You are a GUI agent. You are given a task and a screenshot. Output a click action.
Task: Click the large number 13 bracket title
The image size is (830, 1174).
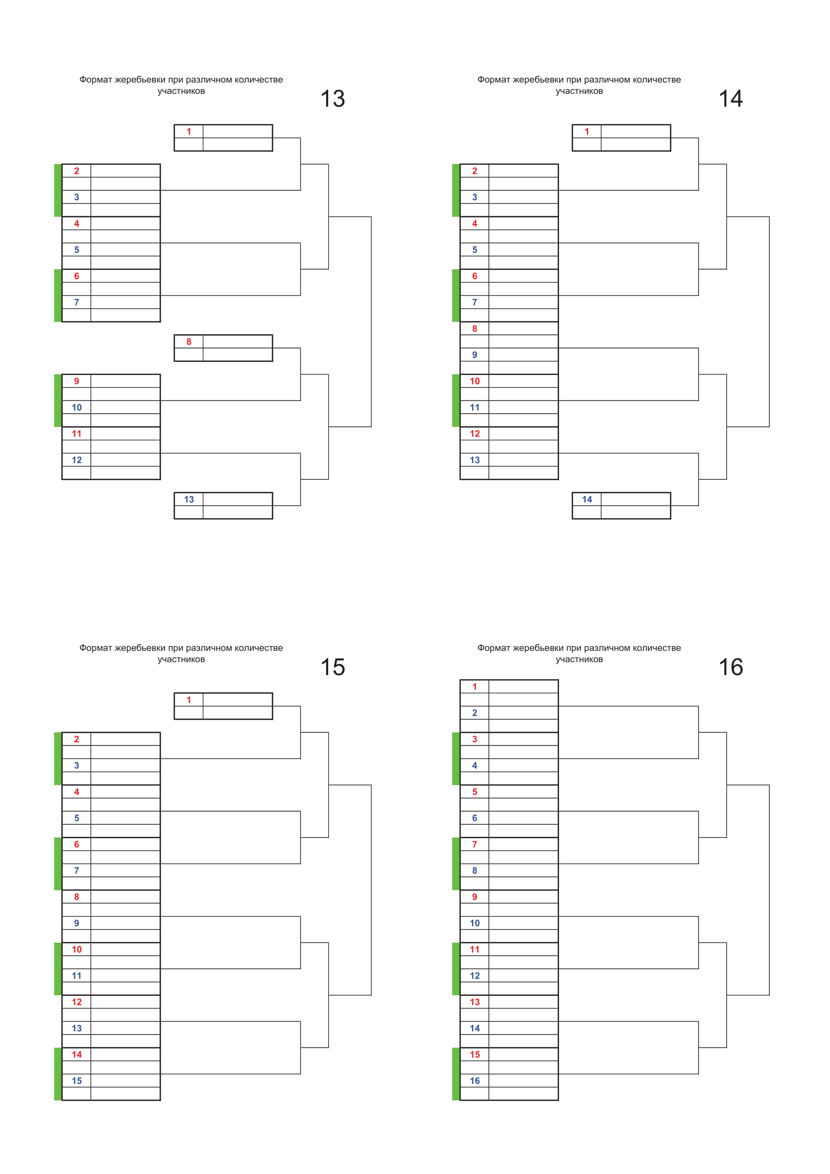pyautogui.click(x=333, y=99)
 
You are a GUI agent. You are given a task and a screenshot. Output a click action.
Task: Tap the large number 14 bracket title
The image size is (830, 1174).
pyautogui.click(x=731, y=99)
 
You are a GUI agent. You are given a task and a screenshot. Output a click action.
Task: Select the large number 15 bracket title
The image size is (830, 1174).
pyautogui.click(x=333, y=667)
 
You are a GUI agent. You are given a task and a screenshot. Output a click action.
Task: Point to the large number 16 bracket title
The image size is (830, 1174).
pyautogui.click(x=731, y=667)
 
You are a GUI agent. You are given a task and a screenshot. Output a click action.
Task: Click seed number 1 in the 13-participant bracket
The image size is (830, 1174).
pyautogui.click(x=189, y=132)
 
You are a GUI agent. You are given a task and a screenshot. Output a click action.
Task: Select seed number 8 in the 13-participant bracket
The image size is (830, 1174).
pyautogui.click(x=189, y=342)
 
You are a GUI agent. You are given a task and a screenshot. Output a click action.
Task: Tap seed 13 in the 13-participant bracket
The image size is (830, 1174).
pyautogui.click(x=189, y=499)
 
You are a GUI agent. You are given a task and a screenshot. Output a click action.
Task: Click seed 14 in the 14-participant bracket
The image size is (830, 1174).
pyautogui.click(x=587, y=499)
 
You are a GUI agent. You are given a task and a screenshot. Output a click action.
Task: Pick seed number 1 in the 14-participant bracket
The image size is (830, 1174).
pyautogui.click(x=587, y=132)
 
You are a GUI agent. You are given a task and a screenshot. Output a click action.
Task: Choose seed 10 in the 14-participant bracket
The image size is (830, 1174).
pyautogui.click(x=475, y=381)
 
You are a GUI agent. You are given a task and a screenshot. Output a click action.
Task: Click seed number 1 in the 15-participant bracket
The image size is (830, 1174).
pyautogui.click(x=189, y=700)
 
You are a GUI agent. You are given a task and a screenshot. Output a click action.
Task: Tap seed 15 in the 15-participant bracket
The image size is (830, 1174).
pyautogui.click(x=77, y=1081)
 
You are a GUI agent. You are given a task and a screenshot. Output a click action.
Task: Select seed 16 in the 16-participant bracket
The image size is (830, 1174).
pyautogui.click(x=475, y=1081)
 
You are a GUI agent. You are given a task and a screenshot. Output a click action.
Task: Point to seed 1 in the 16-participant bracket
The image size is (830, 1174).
pyautogui.click(x=474, y=687)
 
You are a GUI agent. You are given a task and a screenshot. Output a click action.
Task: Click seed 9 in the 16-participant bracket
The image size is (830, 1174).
pyautogui.click(x=475, y=897)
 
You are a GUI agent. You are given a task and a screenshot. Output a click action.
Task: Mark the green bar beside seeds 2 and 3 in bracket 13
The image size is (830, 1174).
pyautogui.click(x=58, y=190)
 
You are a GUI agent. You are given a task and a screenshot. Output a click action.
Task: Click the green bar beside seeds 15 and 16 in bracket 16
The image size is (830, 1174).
pyautogui.click(x=456, y=1074)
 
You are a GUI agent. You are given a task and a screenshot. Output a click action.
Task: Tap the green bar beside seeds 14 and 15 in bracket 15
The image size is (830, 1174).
pyautogui.click(x=58, y=1074)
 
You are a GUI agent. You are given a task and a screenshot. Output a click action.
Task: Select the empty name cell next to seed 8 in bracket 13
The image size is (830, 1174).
pyautogui.click(x=238, y=342)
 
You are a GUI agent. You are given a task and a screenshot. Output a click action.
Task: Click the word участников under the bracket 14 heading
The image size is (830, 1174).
pyautogui.click(x=579, y=91)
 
